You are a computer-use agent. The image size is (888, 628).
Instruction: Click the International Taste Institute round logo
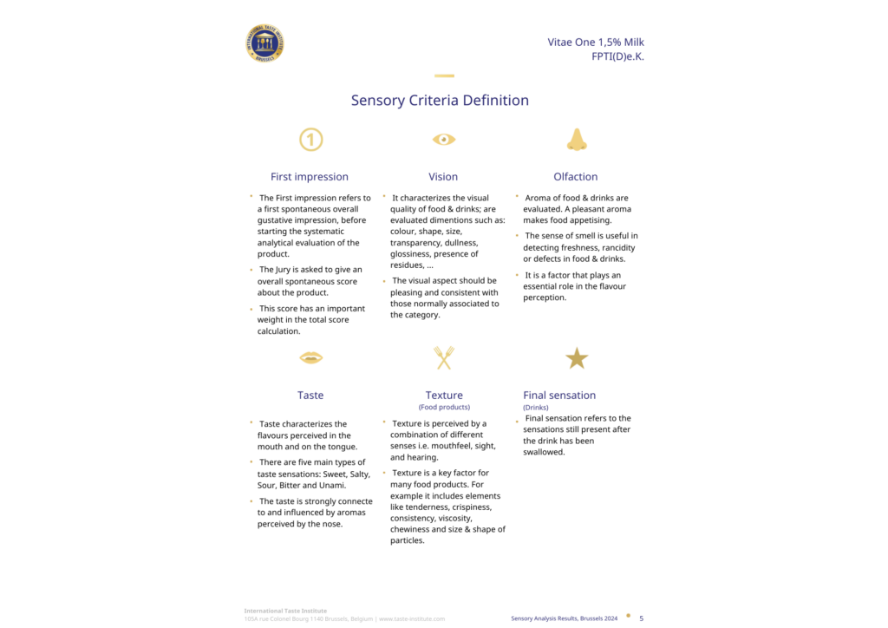pos(265,43)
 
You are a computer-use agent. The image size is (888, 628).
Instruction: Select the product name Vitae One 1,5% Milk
pos(595,42)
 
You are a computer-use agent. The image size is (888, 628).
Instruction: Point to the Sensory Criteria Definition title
pos(440,101)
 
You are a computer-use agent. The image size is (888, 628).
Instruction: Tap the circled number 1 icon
pos(310,139)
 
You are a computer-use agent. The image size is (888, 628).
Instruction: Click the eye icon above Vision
pos(444,139)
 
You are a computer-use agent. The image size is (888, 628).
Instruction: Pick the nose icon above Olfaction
pos(577,139)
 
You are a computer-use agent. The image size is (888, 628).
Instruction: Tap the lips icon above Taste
pos(310,357)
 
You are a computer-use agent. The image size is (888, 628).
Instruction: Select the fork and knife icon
pos(444,357)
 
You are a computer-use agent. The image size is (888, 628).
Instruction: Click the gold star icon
pos(577,357)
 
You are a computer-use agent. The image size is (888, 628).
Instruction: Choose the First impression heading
pos(310,177)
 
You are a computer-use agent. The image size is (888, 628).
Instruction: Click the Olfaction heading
pos(576,177)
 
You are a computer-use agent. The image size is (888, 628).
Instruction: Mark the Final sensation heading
pos(559,396)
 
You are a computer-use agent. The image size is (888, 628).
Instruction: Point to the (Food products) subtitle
pos(444,407)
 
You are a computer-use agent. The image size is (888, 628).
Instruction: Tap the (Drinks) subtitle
pos(536,407)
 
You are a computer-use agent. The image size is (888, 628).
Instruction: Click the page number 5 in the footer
pos(641,618)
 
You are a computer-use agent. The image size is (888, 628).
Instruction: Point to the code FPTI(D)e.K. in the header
pos(617,57)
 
